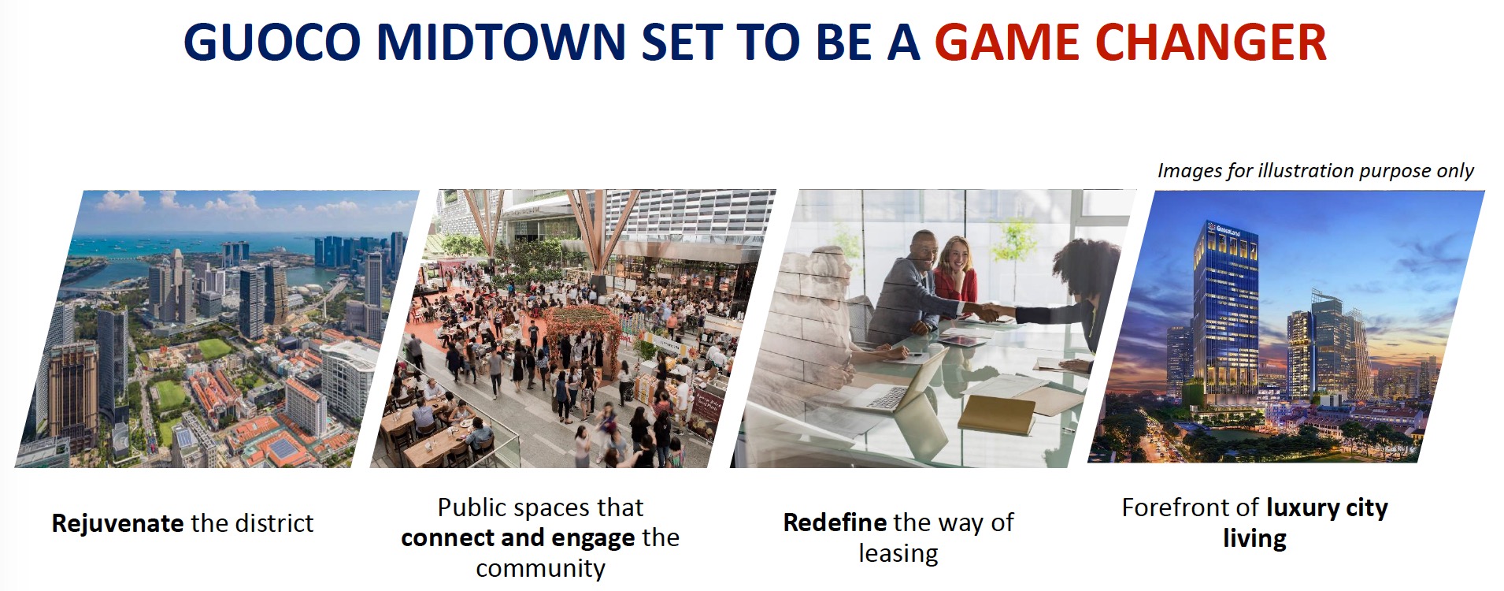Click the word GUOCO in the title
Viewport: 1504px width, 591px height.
[272, 43]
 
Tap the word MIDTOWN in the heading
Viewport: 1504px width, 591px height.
[501, 43]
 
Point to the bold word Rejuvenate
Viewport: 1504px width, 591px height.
[117, 523]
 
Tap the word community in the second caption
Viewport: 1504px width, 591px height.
[540, 568]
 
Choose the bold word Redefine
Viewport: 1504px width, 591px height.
[835, 522]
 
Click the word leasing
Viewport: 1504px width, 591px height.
[898, 554]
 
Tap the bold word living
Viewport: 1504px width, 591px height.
[1254, 539]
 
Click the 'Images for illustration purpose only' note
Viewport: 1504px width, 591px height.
[1315, 171]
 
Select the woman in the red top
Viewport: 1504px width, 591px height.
[955, 280]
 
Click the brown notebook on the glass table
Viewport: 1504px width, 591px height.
[996, 414]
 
